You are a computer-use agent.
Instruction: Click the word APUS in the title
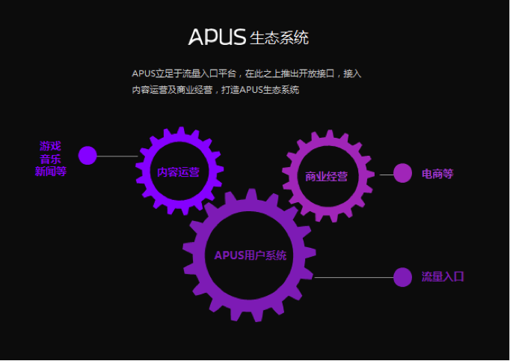(x=217, y=37)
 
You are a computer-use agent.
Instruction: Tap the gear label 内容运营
(x=178, y=172)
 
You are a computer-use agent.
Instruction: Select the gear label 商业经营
(x=326, y=177)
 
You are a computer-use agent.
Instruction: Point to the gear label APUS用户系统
(x=250, y=255)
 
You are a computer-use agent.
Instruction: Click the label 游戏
(x=50, y=145)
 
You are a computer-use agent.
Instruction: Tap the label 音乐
(x=50, y=158)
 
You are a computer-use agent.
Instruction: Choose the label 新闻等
(x=50, y=172)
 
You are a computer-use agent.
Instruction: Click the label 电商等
(x=437, y=174)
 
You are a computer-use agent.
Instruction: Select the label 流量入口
(x=443, y=276)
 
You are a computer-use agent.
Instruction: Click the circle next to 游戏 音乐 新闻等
(x=87, y=155)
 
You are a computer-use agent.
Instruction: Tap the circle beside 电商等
(x=402, y=173)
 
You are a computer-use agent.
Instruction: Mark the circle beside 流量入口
(x=402, y=277)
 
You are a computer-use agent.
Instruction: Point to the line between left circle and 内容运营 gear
(x=117, y=157)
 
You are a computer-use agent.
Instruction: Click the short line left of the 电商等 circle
(x=386, y=175)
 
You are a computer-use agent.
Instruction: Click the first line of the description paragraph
(x=246, y=73)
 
